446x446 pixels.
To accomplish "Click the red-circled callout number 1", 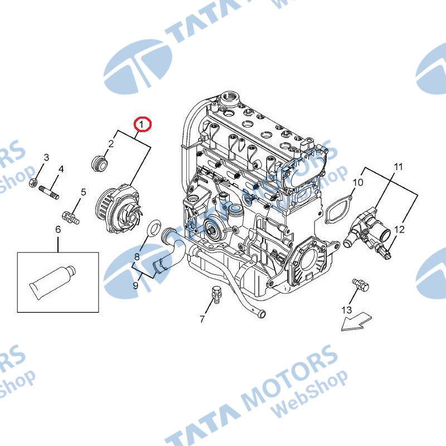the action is pyautogui.click(x=141, y=124).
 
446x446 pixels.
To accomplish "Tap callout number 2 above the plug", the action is pyautogui.click(x=111, y=144).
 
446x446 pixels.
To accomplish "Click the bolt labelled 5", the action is pyautogui.click(x=70, y=217).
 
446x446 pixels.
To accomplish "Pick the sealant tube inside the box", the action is pyautogui.click(x=53, y=282).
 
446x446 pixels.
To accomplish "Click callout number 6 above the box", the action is pyautogui.click(x=58, y=229).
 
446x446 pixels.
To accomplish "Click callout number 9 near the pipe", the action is pyautogui.click(x=135, y=285).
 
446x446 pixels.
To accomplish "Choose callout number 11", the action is pyautogui.click(x=399, y=167).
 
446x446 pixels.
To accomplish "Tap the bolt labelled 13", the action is pyautogui.click(x=361, y=285).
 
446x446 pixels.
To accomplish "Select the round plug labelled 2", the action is pyautogui.click(x=100, y=163).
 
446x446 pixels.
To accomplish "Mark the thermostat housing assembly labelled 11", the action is pyautogui.click(x=366, y=229).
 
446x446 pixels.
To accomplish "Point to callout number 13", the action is pyautogui.click(x=347, y=309).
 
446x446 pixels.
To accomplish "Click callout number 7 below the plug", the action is pyautogui.click(x=202, y=319).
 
